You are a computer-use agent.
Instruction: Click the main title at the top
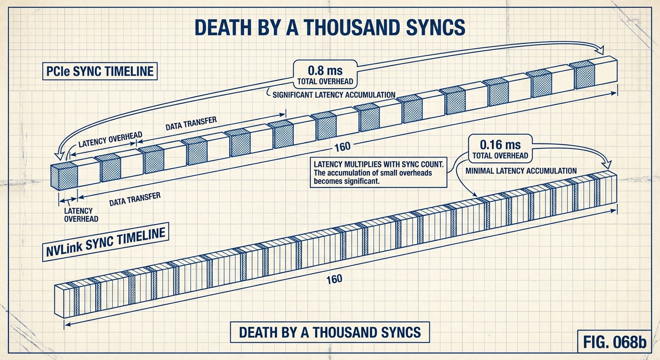coord(330,28)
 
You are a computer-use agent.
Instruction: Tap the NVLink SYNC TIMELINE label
coord(106,243)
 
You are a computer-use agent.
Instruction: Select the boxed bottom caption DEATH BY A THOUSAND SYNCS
coord(330,332)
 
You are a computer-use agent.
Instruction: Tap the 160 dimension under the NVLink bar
coord(334,279)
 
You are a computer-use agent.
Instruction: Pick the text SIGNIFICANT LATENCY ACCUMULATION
coord(334,95)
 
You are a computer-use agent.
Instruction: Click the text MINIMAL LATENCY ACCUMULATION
coord(521,171)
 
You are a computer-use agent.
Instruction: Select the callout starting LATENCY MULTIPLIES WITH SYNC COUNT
coord(378,173)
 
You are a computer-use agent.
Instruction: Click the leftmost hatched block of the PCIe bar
coord(64,177)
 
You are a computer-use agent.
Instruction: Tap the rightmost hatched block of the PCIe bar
coord(585,75)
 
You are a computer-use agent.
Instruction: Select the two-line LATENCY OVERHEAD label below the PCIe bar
coord(78,215)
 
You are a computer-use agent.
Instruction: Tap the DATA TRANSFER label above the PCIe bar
coord(191,124)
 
